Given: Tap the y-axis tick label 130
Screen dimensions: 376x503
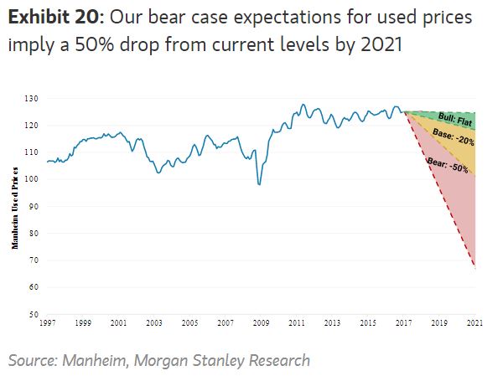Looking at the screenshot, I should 33,99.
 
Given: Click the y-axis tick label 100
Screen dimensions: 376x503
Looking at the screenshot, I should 33,179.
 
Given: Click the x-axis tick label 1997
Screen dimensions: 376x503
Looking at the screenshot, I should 49,322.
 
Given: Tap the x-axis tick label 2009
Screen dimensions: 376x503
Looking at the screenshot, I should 261,322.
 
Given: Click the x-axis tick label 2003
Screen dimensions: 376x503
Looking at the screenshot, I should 154,322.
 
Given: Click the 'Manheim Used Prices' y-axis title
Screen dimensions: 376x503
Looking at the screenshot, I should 15,207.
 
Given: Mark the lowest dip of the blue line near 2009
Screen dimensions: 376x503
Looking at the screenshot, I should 259,184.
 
